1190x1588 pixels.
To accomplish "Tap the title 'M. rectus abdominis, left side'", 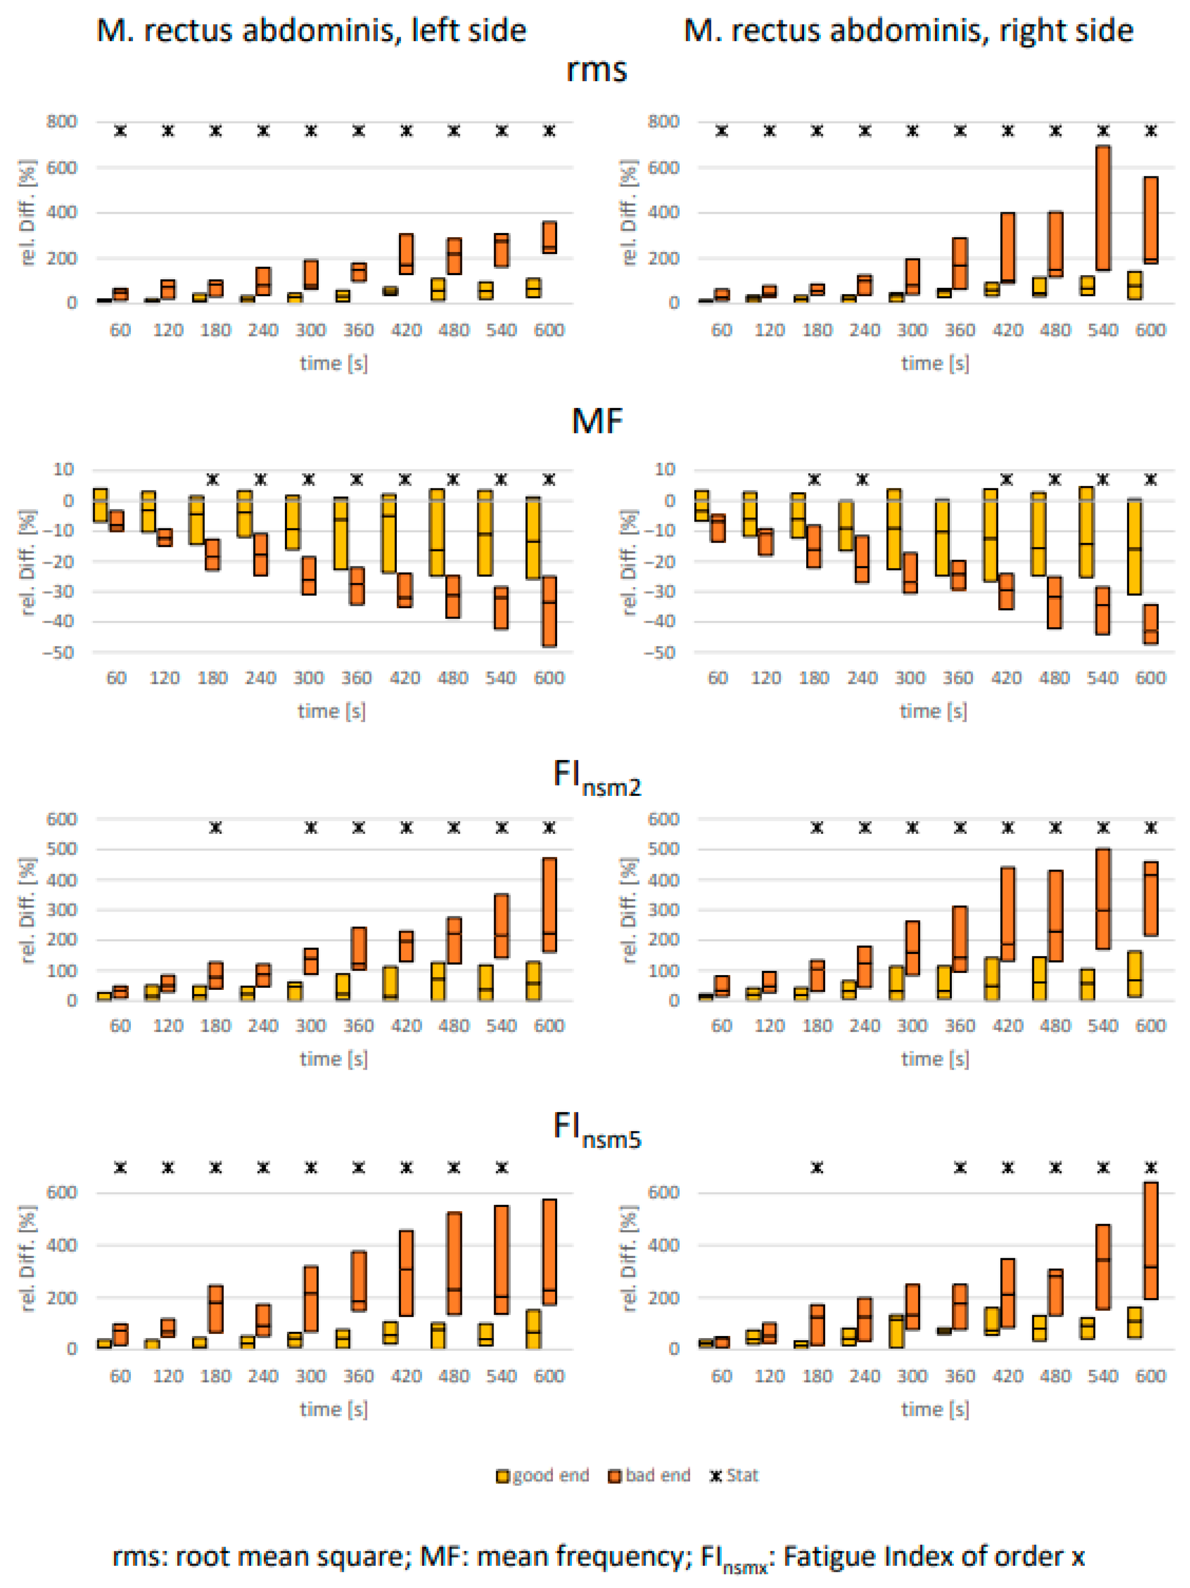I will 311,31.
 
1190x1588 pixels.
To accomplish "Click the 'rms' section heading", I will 596,70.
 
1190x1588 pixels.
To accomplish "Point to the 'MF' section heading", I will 596,422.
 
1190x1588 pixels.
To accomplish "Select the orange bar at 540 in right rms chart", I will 1102,208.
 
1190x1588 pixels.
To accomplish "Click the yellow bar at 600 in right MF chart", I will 1134,547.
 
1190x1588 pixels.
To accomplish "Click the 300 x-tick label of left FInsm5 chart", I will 310,1376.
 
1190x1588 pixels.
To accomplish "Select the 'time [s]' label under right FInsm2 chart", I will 934,1060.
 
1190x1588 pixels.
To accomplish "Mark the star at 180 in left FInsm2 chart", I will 215,828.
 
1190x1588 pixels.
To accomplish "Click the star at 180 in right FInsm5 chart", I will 817,1168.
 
